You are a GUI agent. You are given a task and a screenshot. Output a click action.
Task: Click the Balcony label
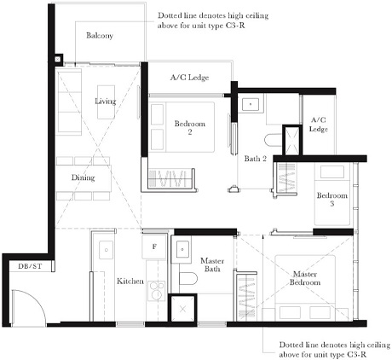pyautogui.click(x=99, y=36)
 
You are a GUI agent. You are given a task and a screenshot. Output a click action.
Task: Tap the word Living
pyautogui.click(x=105, y=102)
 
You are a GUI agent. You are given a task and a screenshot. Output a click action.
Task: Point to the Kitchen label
pyautogui.click(x=130, y=281)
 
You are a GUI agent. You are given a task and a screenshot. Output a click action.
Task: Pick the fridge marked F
pyautogui.click(x=153, y=247)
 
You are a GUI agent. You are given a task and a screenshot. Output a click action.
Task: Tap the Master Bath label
pyautogui.click(x=210, y=266)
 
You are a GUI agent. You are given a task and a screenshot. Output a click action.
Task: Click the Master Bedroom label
pyautogui.click(x=306, y=278)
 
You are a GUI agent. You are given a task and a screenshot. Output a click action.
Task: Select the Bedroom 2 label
pyautogui.click(x=189, y=128)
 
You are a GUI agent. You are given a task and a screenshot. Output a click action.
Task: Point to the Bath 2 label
pyautogui.click(x=256, y=159)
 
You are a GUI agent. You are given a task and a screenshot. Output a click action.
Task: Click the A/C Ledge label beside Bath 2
pyautogui.click(x=319, y=124)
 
